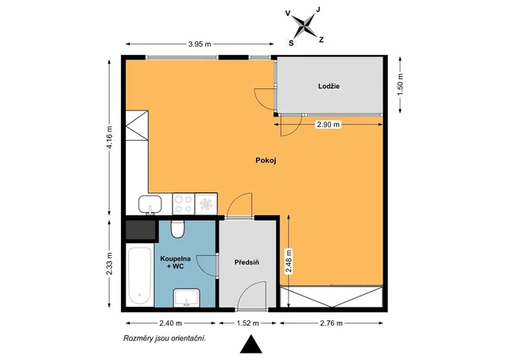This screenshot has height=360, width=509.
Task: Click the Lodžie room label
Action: point(328,87)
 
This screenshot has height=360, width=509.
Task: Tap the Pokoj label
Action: point(266,161)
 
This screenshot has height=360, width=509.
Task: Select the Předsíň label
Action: point(247,262)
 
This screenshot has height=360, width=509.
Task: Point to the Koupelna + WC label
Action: point(175,262)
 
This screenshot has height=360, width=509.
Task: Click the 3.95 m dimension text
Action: point(200,45)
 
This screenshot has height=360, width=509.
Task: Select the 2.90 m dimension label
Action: point(328,124)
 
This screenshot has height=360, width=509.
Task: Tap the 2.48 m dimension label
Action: point(289,261)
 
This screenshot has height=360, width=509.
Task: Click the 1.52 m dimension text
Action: point(247,323)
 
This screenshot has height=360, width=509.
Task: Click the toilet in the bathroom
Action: point(177,229)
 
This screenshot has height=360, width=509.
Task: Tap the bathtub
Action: point(140,276)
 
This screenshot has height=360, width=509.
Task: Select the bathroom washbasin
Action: point(186,298)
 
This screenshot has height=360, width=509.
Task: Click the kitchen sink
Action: point(150,204)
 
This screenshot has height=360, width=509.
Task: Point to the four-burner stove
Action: point(184,203)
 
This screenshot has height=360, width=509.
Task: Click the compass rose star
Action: point(304,26)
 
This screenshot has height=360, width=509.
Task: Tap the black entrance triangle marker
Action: point(251,344)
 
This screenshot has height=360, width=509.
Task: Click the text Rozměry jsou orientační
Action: point(165,339)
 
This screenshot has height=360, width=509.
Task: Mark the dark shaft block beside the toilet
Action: point(141,230)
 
